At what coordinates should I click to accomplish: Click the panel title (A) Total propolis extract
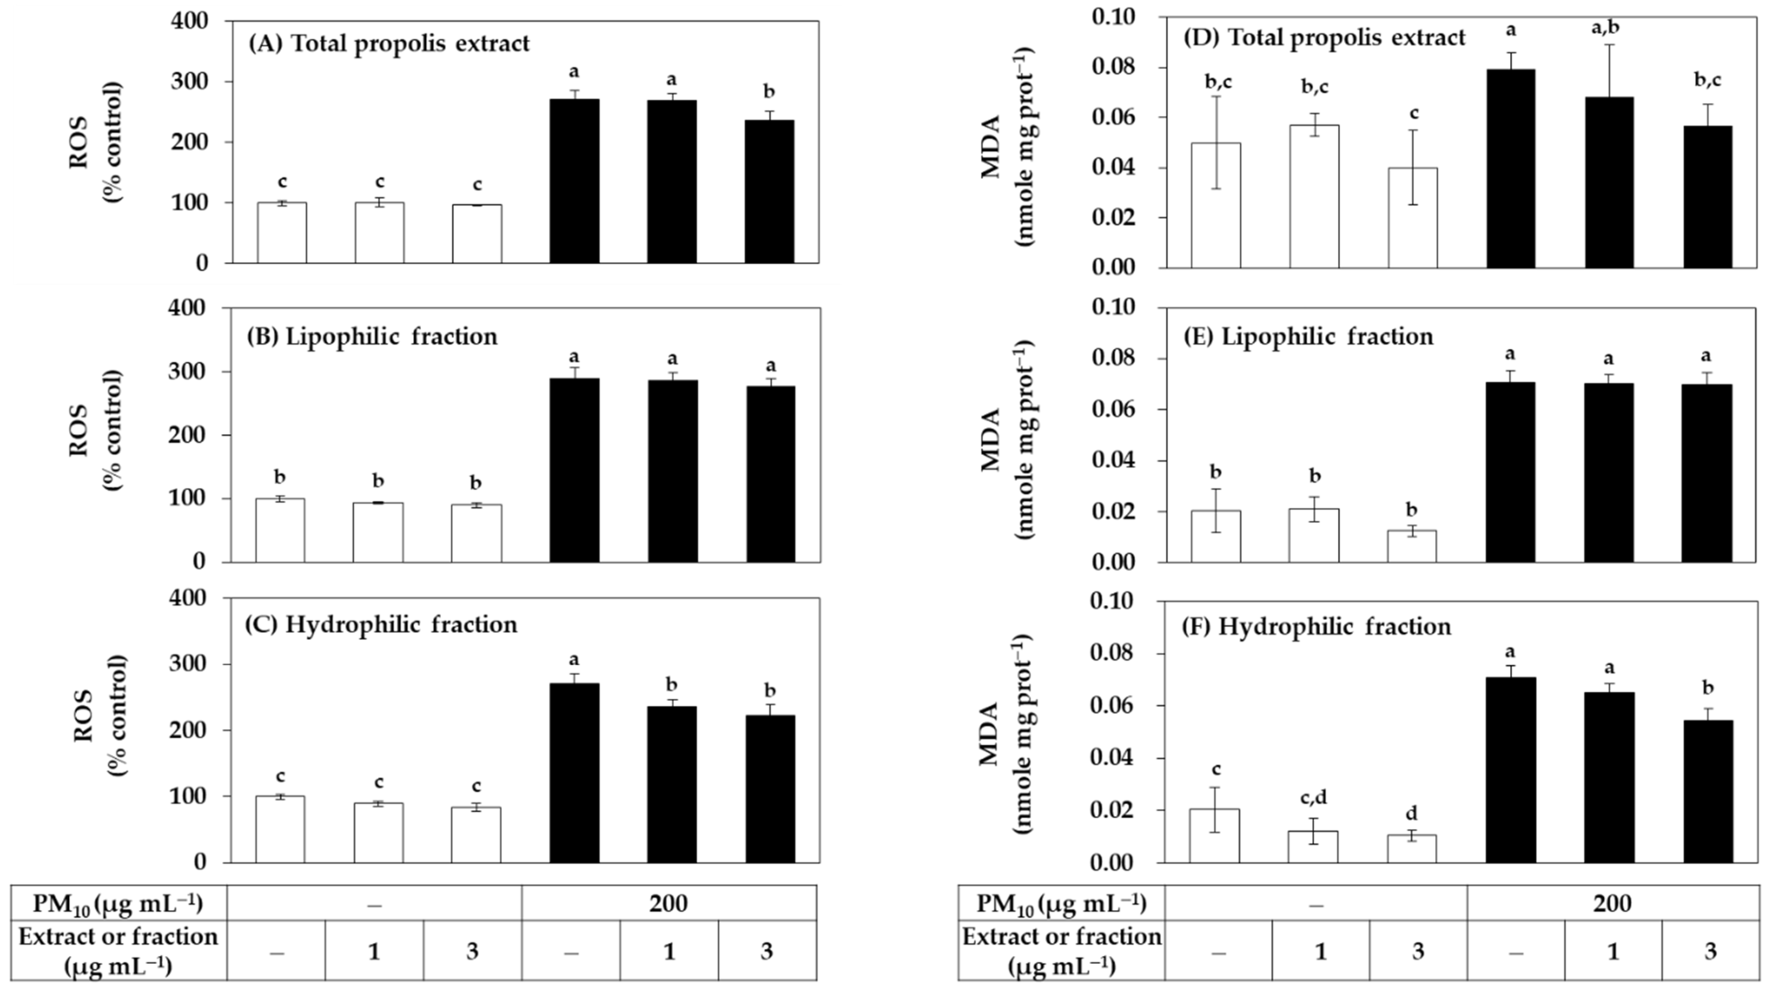[x=388, y=43]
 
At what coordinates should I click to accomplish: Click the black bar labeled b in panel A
[x=769, y=192]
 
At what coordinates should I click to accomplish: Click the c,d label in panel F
[x=1313, y=798]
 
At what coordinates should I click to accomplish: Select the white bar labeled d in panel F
[x=1411, y=849]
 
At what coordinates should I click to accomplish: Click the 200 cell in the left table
[x=669, y=903]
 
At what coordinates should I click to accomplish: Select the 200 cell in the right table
[x=1611, y=903]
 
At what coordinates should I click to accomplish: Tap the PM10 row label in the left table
[x=118, y=903]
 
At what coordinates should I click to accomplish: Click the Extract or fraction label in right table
[x=1062, y=951]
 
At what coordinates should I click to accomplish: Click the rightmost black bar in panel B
[x=770, y=474]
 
